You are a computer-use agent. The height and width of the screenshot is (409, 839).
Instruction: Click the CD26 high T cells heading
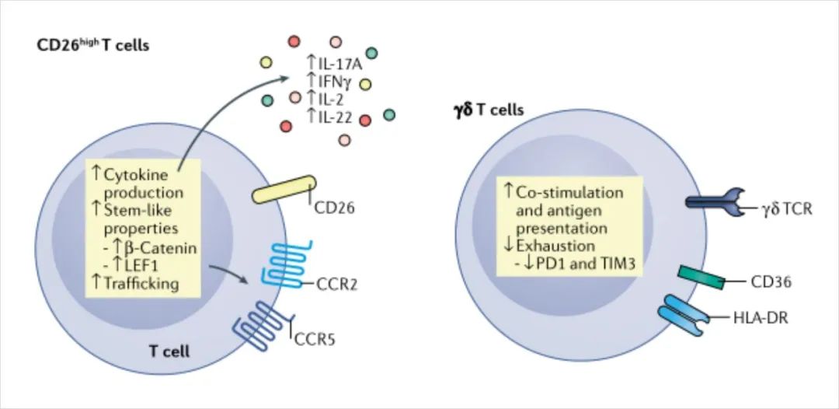click(x=92, y=46)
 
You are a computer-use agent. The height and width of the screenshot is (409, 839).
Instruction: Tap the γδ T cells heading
click(x=488, y=110)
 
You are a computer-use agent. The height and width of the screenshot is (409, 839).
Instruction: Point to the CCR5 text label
click(x=314, y=340)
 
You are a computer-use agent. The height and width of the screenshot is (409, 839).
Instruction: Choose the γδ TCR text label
click(x=785, y=208)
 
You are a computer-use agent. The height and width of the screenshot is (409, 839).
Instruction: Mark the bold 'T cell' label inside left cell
click(x=169, y=352)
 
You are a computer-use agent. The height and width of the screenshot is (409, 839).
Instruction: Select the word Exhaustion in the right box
click(x=552, y=248)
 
